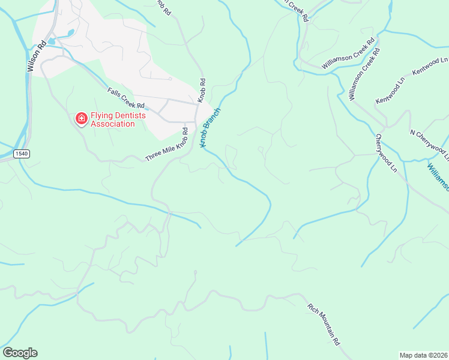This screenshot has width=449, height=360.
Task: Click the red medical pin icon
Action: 80,119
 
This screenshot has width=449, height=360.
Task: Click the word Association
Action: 112,124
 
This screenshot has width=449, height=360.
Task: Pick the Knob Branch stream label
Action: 211,128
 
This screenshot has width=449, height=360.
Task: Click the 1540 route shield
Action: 20,154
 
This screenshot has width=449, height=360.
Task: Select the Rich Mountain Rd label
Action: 324,324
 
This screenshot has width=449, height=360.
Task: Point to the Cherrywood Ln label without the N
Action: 386,153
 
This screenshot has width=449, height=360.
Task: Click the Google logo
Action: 20,352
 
